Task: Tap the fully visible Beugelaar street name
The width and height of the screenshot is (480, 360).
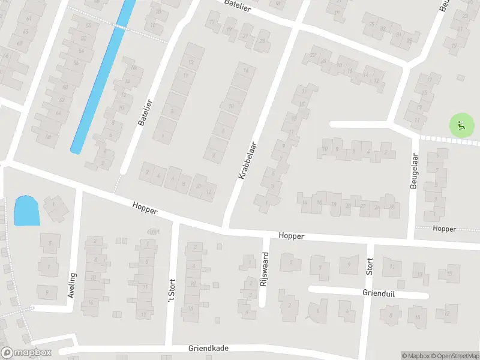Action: tap(413, 171)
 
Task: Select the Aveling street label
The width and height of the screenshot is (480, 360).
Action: tap(73, 286)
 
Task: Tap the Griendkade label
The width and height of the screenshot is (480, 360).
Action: tap(208, 348)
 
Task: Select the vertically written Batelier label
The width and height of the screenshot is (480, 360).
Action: tap(142, 112)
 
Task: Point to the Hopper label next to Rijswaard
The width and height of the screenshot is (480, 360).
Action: tap(292, 236)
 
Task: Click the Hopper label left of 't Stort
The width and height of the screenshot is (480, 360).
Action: tap(146, 209)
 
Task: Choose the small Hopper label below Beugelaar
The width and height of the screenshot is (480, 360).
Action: tap(444, 229)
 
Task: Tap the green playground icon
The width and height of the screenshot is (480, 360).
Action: tap(461, 125)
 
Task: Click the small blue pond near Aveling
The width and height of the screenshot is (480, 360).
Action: tap(26, 211)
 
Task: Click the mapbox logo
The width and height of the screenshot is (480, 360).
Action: tap(26, 353)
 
